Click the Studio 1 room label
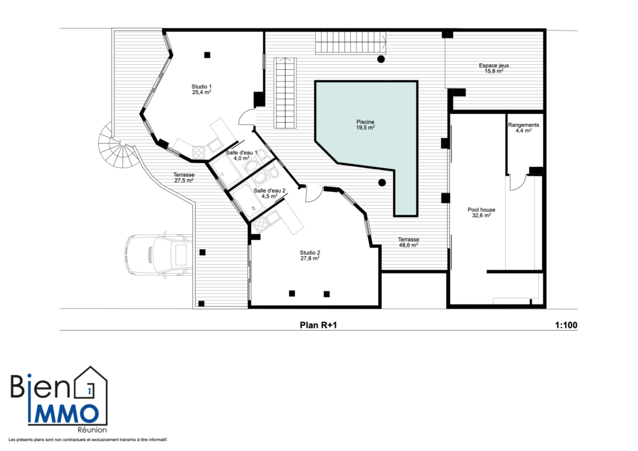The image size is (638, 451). [201, 87]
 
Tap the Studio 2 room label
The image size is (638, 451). [310, 252]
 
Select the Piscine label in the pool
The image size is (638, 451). [365, 122]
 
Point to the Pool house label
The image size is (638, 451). [482, 210]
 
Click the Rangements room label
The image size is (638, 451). [523, 125]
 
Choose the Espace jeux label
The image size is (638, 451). [494, 65]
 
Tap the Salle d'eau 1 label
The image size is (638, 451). [242, 153]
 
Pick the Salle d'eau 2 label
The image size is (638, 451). [269, 191]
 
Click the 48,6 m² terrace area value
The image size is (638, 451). [409, 245]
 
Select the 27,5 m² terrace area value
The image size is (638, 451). [184, 180]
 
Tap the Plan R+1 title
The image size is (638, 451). [318, 325]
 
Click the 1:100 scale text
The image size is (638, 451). [566, 325]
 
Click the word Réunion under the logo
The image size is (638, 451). [92, 430]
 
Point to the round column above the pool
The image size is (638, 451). [381, 59]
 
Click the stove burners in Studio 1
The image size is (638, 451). [199, 153]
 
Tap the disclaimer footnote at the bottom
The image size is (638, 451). [88, 440]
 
